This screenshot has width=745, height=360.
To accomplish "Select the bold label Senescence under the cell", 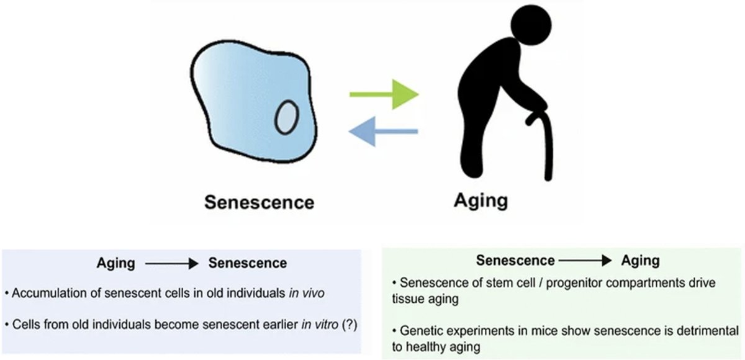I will tap(260, 202).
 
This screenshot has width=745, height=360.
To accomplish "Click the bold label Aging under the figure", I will tap(481, 200).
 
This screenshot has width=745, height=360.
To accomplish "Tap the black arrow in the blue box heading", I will tap(170, 263).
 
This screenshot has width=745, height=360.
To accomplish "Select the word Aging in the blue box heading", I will tap(115, 263).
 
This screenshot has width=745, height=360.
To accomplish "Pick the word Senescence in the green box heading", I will tap(515, 261).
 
